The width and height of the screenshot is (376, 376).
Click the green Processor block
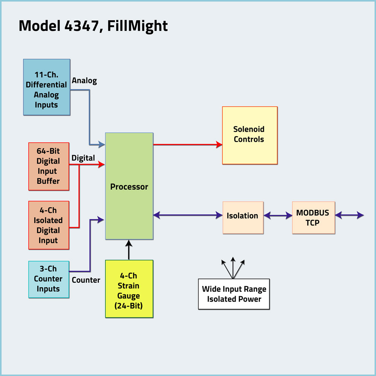129,186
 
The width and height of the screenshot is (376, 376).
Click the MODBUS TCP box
313,218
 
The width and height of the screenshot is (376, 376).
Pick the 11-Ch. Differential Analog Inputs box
47,87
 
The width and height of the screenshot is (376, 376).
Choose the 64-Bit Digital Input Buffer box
49,166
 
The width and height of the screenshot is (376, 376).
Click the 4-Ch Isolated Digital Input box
49,225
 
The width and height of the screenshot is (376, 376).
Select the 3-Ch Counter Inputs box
49,279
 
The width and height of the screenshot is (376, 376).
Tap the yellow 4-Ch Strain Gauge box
129,289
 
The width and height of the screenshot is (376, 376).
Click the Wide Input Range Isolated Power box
234,294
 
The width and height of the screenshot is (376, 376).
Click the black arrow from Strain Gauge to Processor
129,250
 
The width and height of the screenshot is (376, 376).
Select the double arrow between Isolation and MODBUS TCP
278,215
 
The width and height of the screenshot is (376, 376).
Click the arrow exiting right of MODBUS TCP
349,215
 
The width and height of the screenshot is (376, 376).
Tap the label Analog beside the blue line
84,80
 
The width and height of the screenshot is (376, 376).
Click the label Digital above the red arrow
83,158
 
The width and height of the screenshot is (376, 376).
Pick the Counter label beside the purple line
86,280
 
